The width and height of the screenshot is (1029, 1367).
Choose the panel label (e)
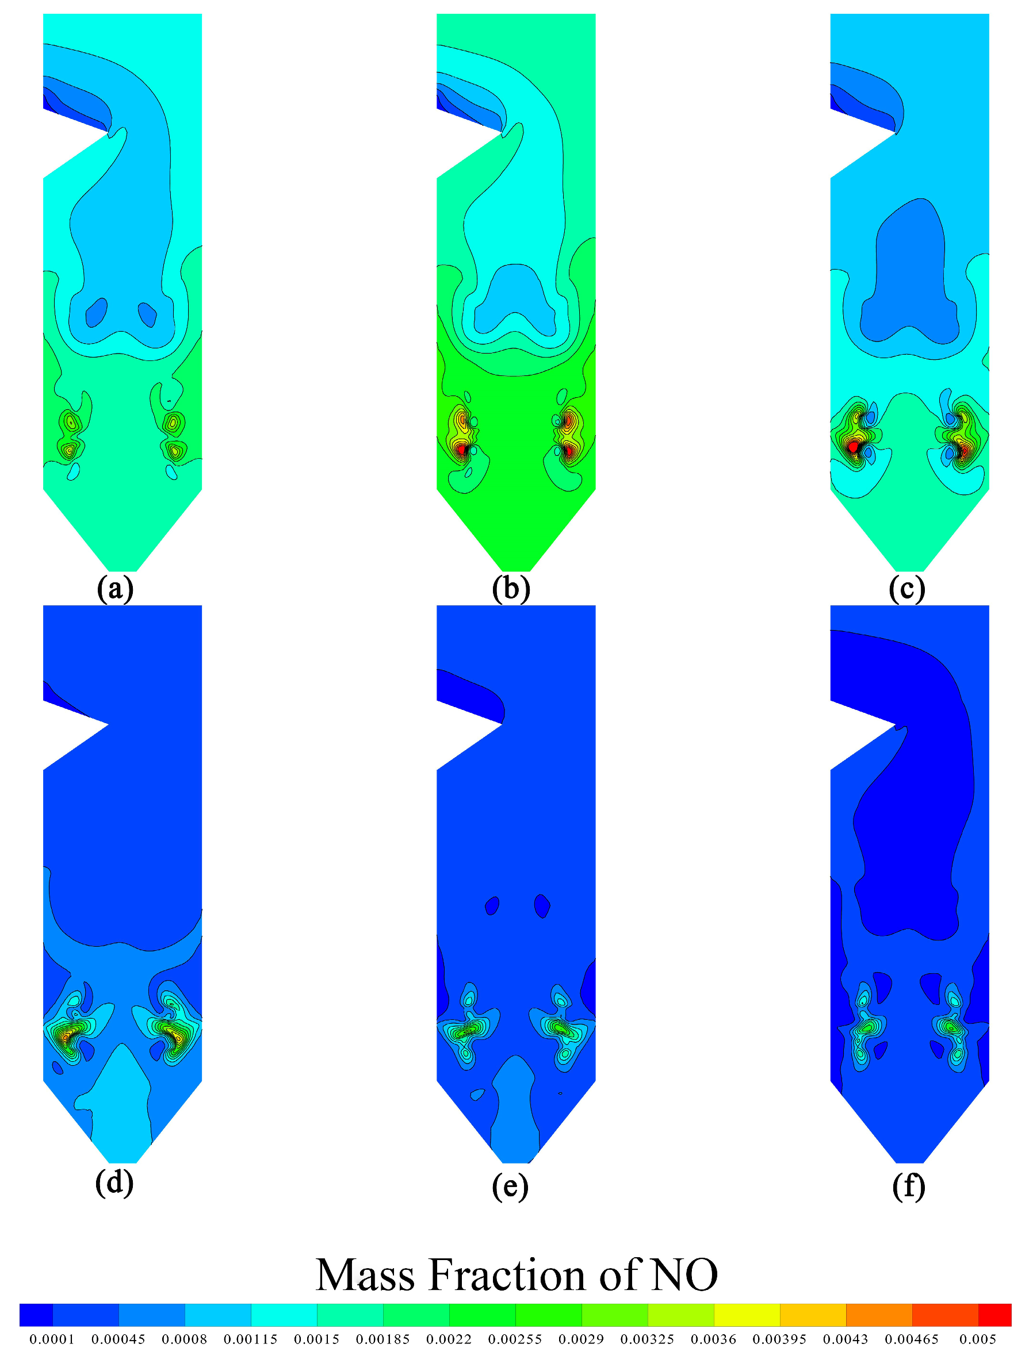click(510, 1186)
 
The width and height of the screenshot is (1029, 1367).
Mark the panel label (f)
click(908, 1186)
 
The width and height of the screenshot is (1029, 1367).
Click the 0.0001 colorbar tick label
click(52, 1339)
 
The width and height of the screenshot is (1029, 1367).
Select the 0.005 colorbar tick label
click(978, 1339)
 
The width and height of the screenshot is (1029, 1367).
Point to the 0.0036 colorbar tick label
click(713, 1339)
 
